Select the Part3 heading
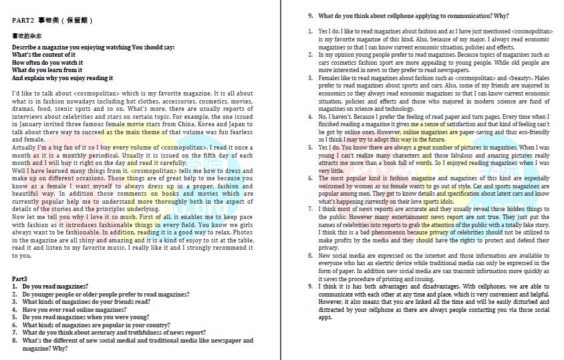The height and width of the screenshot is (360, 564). pyautogui.click(x=20, y=278)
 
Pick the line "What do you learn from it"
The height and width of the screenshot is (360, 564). pyautogui.click(x=47, y=70)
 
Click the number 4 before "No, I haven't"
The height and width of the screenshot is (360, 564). pyautogui.click(x=310, y=116)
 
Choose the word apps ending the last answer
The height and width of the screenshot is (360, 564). pyautogui.click(x=325, y=317)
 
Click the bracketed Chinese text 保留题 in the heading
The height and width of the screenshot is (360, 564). pyautogui.click(x=77, y=21)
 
